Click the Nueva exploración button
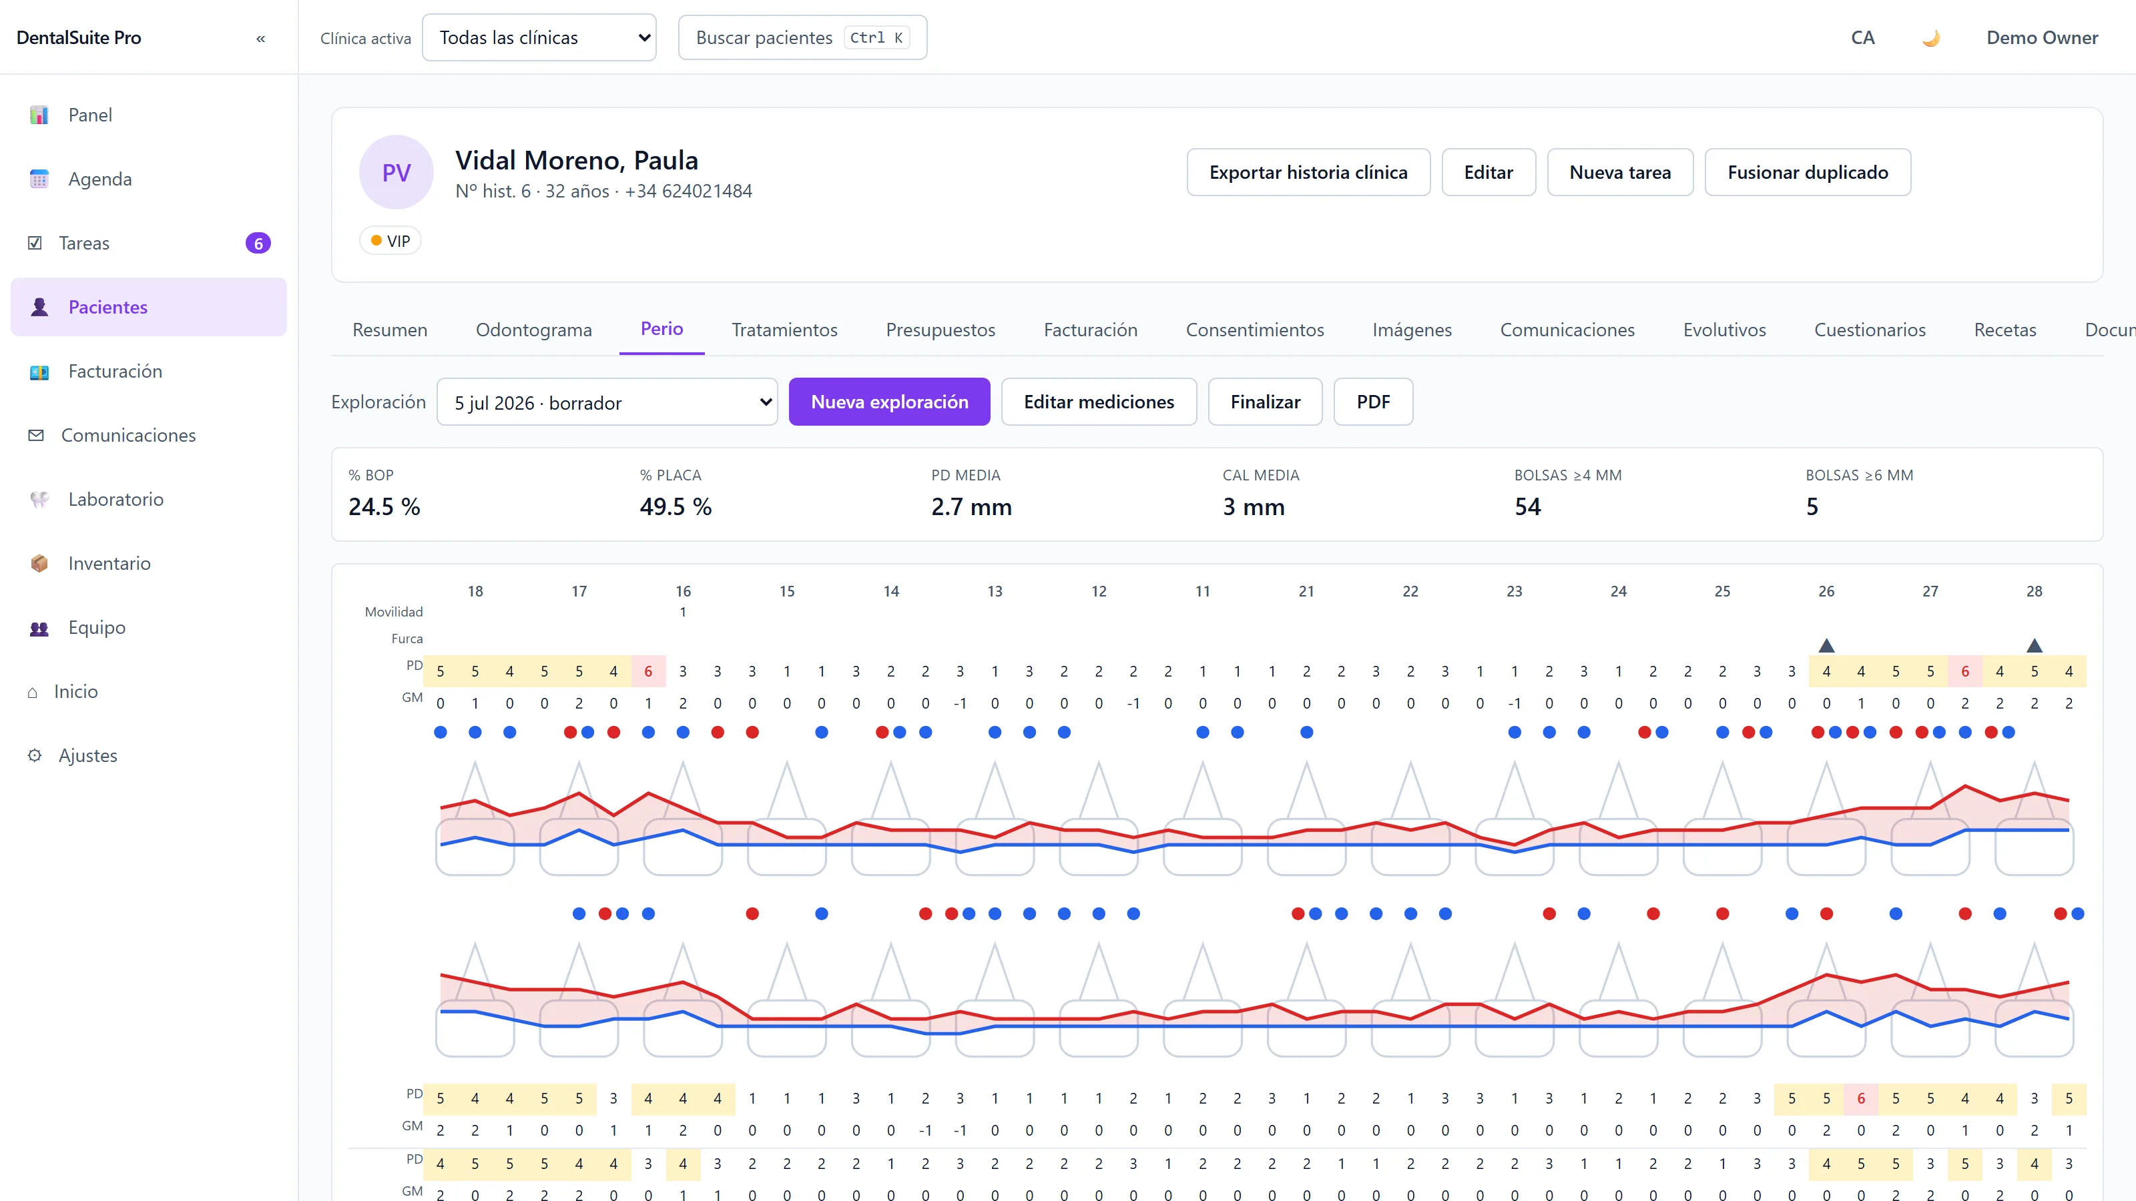click(889, 402)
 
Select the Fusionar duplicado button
click(1808, 172)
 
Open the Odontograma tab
click(534, 330)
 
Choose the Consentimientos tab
click(1255, 330)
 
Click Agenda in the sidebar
click(99, 179)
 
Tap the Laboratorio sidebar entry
click(115, 499)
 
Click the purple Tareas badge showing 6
click(258, 244)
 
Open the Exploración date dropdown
click(607, 402)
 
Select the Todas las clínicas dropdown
click(539, 37)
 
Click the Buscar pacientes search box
click(802, 37)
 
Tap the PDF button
click(1373, 402)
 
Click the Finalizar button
click(1266, 402)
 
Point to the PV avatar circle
click(396, 172)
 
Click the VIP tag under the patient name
click(390, 241)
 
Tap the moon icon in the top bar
click(1931, 38)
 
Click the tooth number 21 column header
click(1306, 592)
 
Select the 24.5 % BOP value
click(384, 507)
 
